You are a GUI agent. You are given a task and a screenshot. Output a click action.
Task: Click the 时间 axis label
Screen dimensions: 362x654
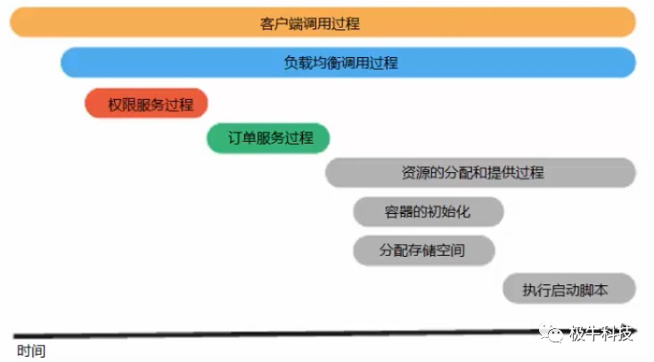tap(30, 350)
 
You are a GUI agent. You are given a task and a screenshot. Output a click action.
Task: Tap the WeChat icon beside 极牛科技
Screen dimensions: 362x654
tap(556, 334)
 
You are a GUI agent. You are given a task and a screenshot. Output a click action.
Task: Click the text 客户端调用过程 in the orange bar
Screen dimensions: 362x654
tap(323, 22)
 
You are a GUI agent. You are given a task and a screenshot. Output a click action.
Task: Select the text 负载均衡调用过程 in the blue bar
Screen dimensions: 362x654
tap(347, 62)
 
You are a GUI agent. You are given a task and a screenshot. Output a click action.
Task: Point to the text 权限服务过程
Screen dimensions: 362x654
tap(151, 103)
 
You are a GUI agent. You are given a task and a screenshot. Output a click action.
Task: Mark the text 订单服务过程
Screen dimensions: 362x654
tap(271, 138)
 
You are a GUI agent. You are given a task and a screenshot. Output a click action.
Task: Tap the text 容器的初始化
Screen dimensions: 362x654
tap(428, 212)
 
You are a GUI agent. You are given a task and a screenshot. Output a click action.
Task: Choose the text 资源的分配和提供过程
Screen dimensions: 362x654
tap(480, 172)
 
